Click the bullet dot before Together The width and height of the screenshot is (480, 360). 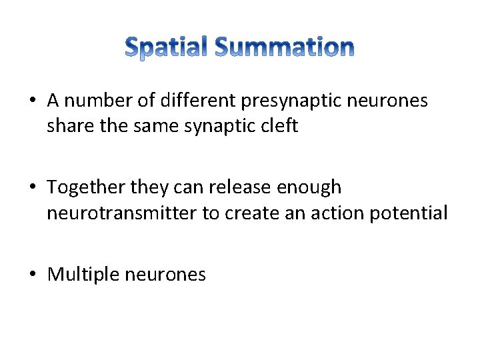pyautogui.click(x=33, y=188)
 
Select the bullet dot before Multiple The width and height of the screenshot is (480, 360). pyautogui.click(x=33, y=275)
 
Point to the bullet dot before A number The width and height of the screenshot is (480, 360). pyautogui.click(x=33, y=101)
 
